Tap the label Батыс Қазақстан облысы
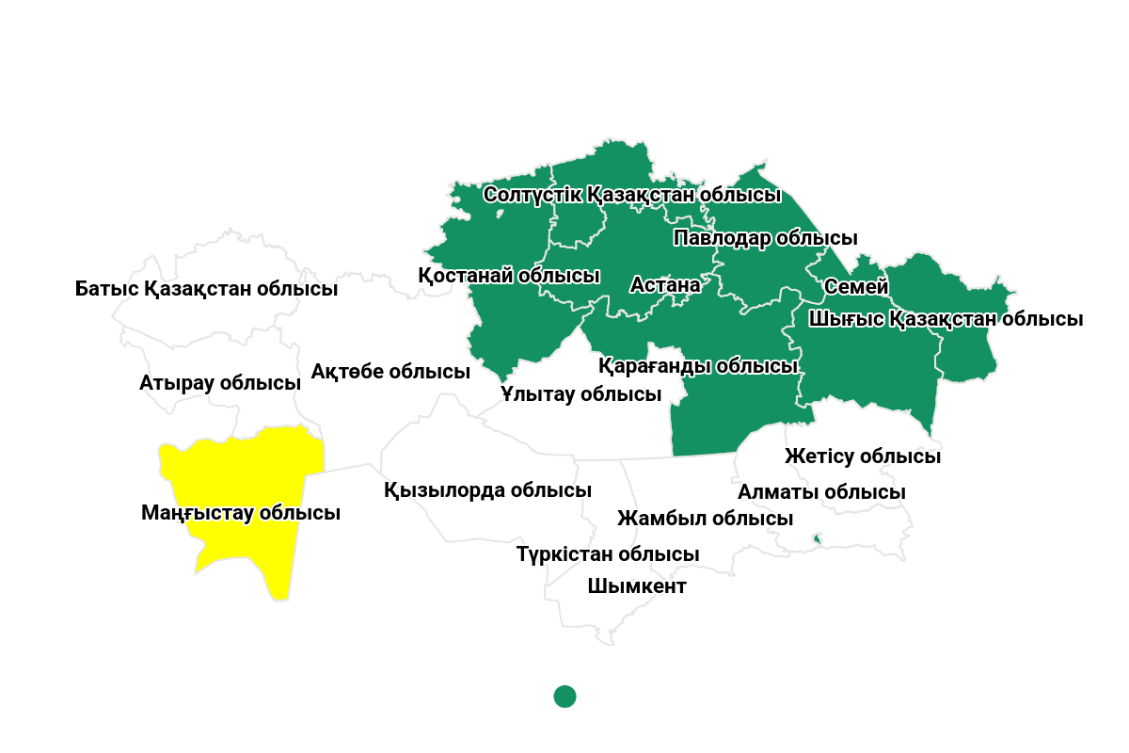206,288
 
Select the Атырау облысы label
220,383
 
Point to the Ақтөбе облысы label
390,372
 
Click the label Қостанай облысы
509,276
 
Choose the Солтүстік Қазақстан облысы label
632,195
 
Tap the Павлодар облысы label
766,238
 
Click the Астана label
665,284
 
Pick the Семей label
856,286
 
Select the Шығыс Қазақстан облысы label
946,319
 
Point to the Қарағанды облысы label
698,365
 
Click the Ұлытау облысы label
581,393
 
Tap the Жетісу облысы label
863,457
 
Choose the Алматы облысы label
821,492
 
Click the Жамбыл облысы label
705,518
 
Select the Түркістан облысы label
608,554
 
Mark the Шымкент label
637,586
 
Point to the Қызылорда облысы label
487,490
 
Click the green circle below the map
564,697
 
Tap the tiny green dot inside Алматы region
817,538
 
